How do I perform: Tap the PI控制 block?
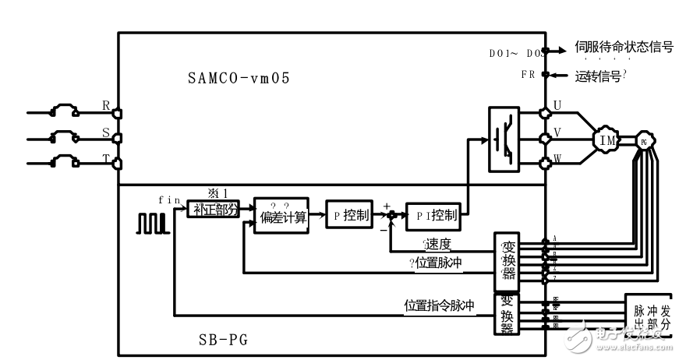point(433,215)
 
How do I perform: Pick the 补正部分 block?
point(213,208)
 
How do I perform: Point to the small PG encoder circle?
point(643,142)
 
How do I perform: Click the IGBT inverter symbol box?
point(504,139)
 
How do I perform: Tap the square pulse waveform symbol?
point(153,223)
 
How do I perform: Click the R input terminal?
point(116,111)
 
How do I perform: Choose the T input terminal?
point(116,164)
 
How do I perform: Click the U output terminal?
point(545,113)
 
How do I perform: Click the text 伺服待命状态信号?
point(624,47)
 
